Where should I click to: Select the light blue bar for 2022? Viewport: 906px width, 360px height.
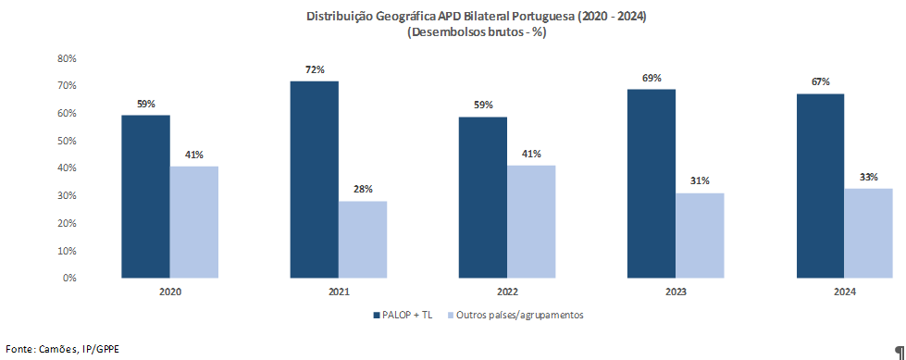click(531, 221)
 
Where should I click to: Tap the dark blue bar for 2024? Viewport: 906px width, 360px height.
click(820, 185)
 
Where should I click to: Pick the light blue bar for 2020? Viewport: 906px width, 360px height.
click(193, 221)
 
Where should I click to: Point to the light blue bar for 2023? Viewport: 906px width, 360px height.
click(700, 235)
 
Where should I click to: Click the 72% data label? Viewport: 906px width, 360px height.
click(315, 69)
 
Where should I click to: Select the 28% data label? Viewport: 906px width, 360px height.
click(363, 190)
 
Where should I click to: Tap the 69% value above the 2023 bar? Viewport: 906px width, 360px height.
click(652, 78)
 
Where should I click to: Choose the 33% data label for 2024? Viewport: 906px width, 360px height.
click(868, 177)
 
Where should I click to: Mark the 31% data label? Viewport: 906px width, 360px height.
click(700, 181)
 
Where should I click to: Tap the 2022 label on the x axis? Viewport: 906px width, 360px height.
click(507, 292)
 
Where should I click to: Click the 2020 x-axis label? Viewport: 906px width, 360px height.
click(169, 292)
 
